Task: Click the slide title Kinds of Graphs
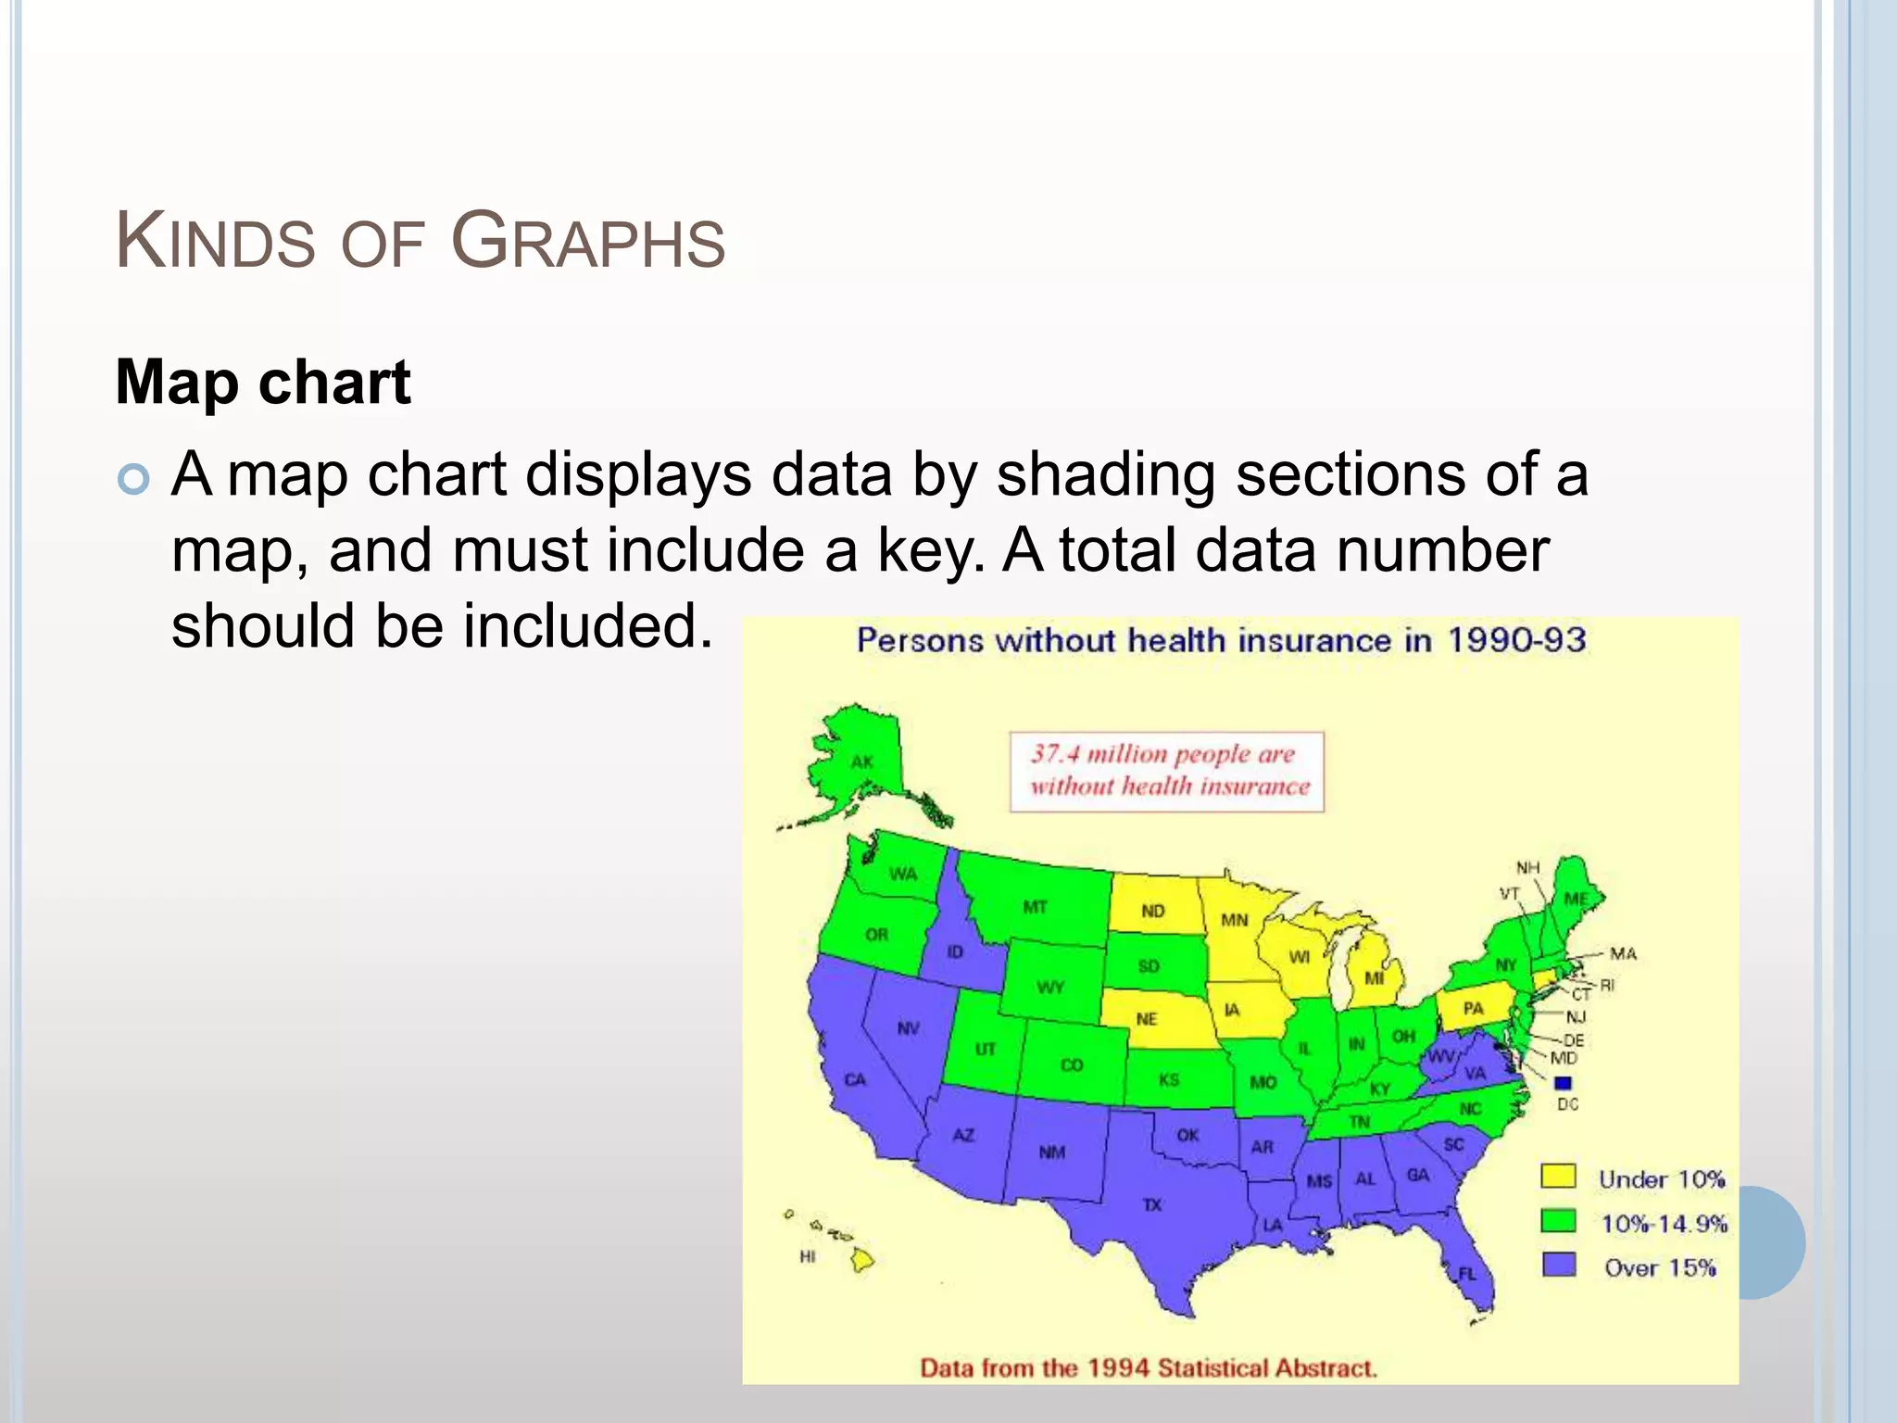point(420,242)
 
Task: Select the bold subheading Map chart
point(263,382)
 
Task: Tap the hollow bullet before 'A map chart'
point(134,479)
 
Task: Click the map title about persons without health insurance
point(1221,640)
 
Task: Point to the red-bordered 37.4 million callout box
point(1167,772)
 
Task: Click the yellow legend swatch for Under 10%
point(1558,1176)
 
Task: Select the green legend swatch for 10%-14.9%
point(1558,1220)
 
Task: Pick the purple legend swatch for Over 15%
point(1558,1265)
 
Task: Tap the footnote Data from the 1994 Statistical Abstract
point(1149,1367)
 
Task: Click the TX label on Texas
point(1152,1205)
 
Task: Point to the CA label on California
point(855,1079)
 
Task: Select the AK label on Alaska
point(862,762)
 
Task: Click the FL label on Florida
point(1467,1275)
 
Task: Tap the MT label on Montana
point(1036,907)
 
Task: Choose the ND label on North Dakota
point(1153,911)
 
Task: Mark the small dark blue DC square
point(1564,1082)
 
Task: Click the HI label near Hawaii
point(808,1256)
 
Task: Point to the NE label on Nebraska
point(1147,1019)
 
